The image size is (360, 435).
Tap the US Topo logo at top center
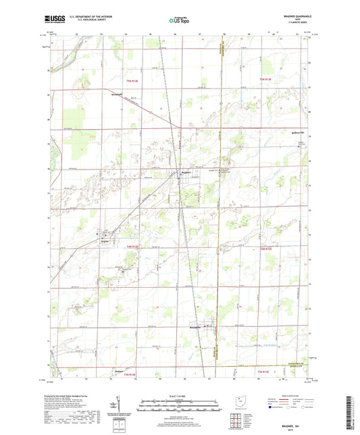click(x=179, y=21)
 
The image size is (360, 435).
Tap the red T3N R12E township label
click(x=130, y=374)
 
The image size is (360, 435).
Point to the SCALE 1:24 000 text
click(x=179, y=395)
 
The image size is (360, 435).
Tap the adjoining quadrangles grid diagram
click(x=236, y=419)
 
